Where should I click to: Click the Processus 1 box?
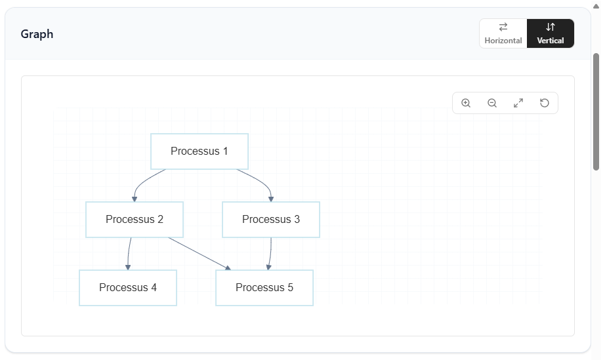[199, 151]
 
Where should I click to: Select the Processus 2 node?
[135, 219]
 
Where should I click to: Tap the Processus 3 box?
[271, 219]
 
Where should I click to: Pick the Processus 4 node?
[128, 287]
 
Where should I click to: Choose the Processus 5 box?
[264, 287]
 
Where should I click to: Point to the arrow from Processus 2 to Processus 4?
[129, 254]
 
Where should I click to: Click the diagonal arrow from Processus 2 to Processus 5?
[199, 254]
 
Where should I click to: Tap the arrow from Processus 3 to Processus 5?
[270, 254]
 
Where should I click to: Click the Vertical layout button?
[551, 33]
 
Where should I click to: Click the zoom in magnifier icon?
[466, 103]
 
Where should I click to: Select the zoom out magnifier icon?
[492, 103]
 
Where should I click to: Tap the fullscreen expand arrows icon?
[518, 103]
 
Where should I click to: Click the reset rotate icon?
[545, 103]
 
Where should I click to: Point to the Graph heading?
[37, 34]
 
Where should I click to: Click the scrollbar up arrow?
[596, 6]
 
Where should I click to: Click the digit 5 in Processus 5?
[290, 287]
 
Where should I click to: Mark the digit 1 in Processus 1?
[225, 151]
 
